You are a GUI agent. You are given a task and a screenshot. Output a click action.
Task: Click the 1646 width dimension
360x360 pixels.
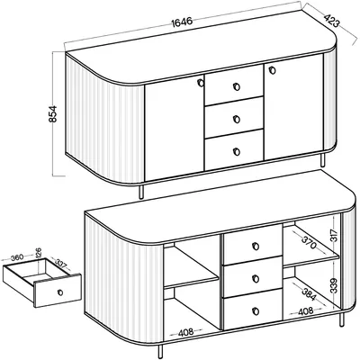182,22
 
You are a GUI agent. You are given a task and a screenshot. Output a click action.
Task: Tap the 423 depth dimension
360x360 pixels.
332,21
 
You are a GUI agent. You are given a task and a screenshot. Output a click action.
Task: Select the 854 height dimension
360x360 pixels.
52,114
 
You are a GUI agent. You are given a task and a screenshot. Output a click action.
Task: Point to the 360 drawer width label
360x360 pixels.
17,257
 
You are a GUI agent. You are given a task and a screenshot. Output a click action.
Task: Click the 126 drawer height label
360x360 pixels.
39,254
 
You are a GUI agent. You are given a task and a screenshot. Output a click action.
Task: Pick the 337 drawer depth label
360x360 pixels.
61,264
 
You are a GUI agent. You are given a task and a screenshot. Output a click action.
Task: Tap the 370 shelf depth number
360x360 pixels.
308,243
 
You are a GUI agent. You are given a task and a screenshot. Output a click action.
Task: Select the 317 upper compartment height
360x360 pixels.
335,236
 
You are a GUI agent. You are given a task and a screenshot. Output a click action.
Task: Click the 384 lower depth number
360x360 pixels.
309,294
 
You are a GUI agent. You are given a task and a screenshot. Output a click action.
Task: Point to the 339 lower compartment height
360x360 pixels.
335,285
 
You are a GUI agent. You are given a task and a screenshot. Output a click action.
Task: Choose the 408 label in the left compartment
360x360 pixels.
186,332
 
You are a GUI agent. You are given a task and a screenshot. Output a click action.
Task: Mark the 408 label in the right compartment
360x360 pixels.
306,311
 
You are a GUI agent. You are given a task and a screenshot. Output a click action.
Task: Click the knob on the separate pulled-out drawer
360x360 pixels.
60,292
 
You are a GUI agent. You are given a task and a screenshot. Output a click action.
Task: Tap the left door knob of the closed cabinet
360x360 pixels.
200,83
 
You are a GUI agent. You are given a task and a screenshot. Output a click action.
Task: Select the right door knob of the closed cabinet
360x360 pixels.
272,70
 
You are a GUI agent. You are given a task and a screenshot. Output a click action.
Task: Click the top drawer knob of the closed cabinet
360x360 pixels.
237,87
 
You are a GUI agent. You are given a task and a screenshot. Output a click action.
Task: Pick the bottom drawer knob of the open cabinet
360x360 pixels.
256,311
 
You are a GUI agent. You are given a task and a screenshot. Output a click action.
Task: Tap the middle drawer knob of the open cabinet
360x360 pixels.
256,279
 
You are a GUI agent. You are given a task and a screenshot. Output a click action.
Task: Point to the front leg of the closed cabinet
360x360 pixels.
141,192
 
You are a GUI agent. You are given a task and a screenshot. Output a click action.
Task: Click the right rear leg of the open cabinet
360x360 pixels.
342,319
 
